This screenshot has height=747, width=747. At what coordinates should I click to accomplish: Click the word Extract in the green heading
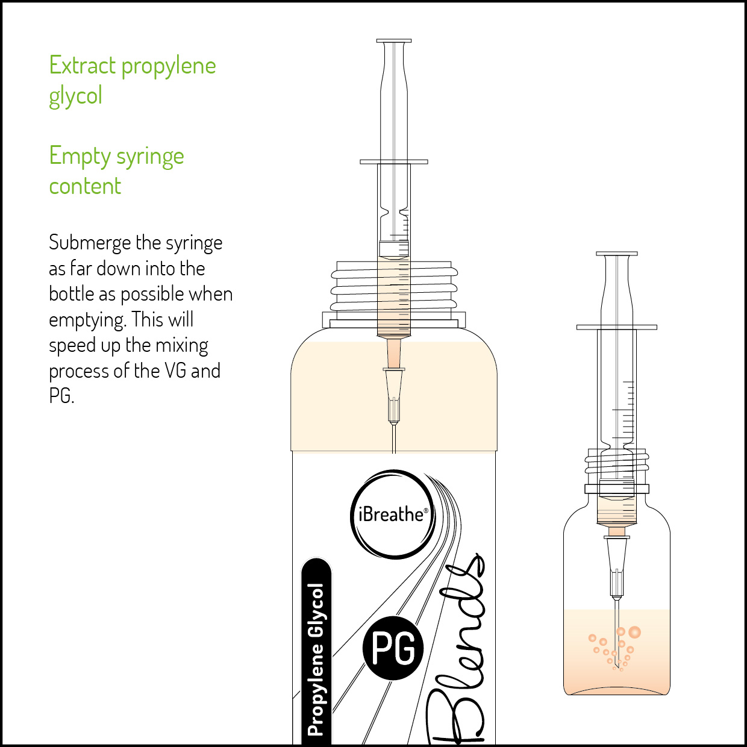82,65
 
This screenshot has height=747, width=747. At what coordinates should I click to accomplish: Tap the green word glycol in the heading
75,96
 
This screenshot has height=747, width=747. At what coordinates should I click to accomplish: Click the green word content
85,186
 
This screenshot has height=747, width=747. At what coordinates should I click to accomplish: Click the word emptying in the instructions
87,320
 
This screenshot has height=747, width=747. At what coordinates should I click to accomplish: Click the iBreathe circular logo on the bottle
392,514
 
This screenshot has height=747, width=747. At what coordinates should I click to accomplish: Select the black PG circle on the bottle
393,648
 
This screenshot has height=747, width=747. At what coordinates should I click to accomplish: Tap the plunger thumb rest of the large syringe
394,41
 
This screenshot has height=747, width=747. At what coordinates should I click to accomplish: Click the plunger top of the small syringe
617,254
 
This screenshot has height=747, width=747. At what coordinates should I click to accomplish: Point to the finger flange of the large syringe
394,161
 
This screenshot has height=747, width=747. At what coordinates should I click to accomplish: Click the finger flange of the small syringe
617,328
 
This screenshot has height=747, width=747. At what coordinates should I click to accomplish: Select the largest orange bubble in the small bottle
634,633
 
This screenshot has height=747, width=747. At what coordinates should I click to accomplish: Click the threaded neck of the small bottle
617,464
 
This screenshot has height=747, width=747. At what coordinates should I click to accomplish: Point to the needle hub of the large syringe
394,395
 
